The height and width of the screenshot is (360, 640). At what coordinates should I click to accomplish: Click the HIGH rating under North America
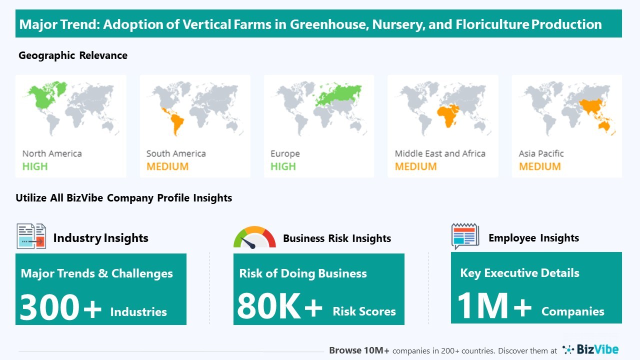[35, 166]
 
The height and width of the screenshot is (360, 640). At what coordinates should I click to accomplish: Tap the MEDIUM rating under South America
[167, 166]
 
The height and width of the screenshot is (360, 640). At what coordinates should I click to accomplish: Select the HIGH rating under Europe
[283, 166]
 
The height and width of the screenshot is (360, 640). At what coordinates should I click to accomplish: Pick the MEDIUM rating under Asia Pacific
[539, 166]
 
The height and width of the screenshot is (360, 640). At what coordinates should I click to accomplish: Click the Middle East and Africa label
[440, 153]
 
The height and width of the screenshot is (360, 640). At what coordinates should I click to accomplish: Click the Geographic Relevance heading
[73, 55]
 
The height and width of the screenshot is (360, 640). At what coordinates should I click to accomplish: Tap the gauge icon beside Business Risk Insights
[254, 237]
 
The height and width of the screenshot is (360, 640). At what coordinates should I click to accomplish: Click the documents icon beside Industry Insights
[31, 236]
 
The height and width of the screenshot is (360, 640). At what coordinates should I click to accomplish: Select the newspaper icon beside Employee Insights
[465, 236]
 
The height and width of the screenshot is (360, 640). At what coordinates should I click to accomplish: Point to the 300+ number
[60, 307]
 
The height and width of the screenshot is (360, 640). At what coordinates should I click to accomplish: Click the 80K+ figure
[279, 306]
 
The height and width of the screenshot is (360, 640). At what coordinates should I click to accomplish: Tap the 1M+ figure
[494, 305]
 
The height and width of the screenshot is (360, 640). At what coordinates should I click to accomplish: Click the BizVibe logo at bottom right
[590, 349]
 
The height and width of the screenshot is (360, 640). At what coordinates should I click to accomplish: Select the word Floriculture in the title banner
[492, 24]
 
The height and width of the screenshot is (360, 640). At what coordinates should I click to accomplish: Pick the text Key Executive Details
[519, 273]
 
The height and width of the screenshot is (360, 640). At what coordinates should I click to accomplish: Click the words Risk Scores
[364, 311]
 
